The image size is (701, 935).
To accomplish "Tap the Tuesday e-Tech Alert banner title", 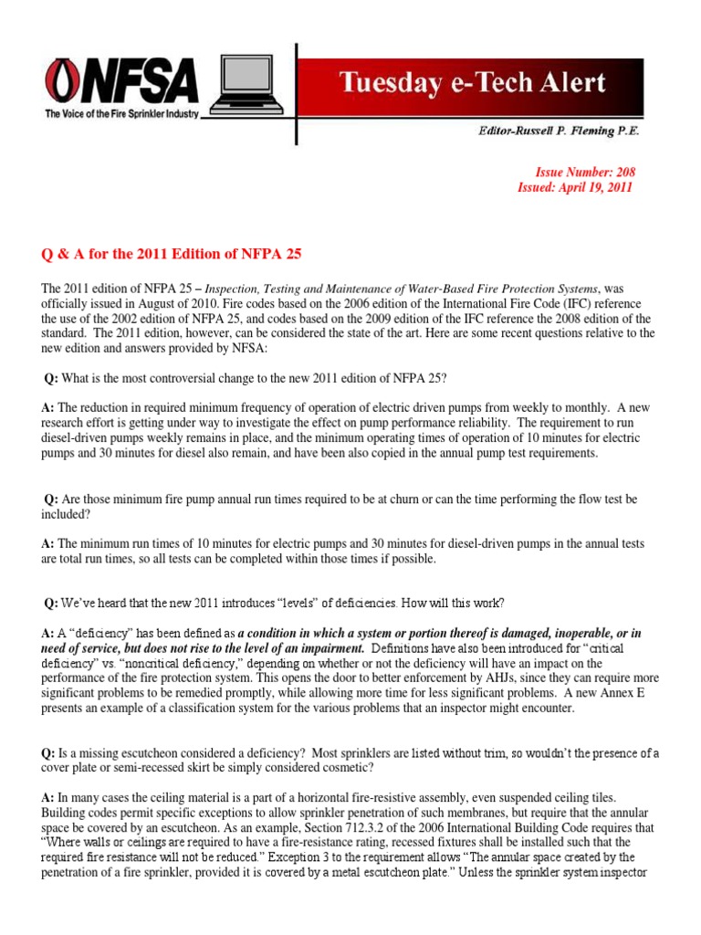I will point(472,83).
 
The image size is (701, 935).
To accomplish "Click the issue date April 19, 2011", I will point(591,187).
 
